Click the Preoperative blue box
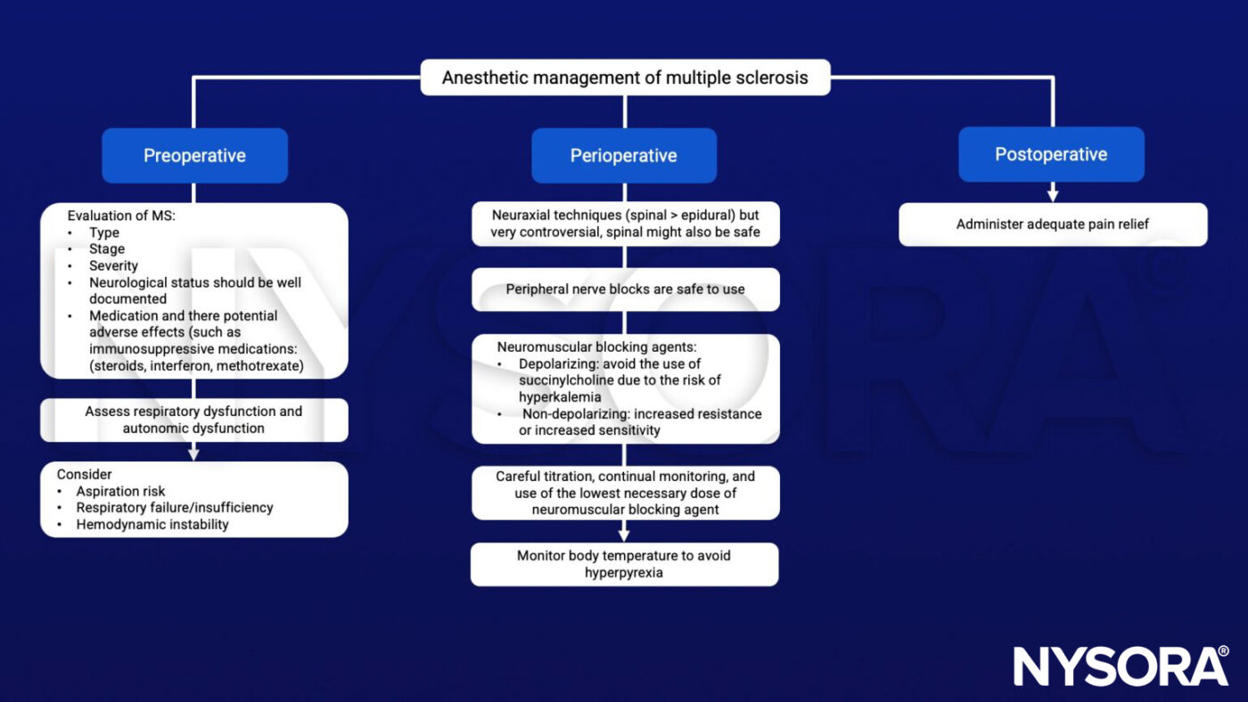click(x=194, y=155)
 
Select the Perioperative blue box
click(x=624, y=155)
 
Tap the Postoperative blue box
click(x=1051, y=154)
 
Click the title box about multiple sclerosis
click(x=625, y=78)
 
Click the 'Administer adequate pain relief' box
click(x=1053, y=224)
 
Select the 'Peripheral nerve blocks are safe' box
click(x=625, y=290)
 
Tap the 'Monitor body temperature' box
click(x=624, y=564)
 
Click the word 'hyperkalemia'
click(x=560, y=397)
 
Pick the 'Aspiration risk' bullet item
click(x=120, y=491)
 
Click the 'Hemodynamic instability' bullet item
click(x=152, y=525)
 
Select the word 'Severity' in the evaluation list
click(x=113, y=265)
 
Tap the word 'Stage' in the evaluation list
click(x=107, y=249)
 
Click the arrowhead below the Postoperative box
click(x=1053, y=196)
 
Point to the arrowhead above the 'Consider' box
click(x=193, y=454)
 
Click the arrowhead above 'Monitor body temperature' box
click(x=624, y=535)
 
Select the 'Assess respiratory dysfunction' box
click(x=194, y=420)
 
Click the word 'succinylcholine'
click(x=564, y=380)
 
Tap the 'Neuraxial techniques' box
click(x=625, y=224)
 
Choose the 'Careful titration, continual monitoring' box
click(x=625, y=493)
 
